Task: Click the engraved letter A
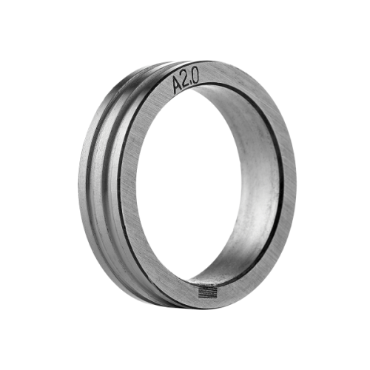(x=178, y=85)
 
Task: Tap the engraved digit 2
(x=186, y=81)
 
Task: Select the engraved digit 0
(x=195, y=77)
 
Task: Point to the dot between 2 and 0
(x=191, y=84)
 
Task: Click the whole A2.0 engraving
(x=185, y=82)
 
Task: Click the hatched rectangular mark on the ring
(x=207, y=292)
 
